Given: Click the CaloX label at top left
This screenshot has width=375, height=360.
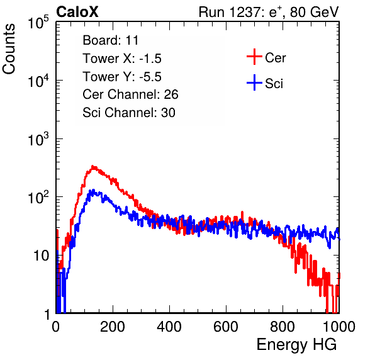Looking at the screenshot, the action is point(77,12).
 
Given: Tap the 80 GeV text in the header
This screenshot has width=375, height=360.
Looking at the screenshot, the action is point(314,12).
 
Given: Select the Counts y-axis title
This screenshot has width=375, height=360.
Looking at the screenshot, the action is point(9,49).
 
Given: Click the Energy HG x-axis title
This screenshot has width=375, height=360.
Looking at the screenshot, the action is point(296,344).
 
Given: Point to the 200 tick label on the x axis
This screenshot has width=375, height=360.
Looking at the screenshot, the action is point(113,327).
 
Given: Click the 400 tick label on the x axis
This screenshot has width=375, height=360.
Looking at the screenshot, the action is point(169,327).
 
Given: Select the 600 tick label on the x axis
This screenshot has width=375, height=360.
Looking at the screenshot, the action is point(226,327).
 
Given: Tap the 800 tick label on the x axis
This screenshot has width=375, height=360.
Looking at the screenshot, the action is point(283,327).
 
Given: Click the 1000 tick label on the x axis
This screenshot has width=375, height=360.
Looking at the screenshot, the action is point(339,327).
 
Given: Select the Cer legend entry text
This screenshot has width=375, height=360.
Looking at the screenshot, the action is point(275,58).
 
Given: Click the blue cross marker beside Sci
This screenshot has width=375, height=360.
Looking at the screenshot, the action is point(254,83).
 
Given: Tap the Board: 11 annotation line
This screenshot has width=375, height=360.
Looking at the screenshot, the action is point(111,40).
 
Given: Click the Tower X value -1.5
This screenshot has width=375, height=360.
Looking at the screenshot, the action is point(150,59).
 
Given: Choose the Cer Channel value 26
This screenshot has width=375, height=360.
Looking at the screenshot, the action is point(171,94).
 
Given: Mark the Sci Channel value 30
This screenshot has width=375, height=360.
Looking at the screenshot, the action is point(168,113).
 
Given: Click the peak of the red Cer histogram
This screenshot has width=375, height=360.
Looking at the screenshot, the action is point(93,167).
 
